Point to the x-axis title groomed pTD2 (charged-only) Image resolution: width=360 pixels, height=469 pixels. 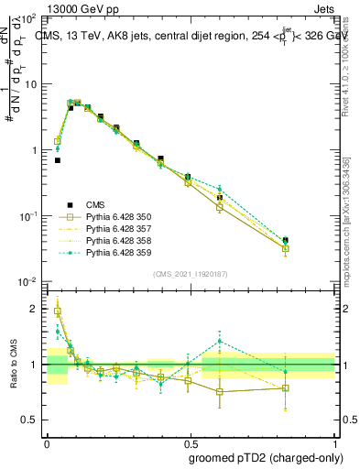tap(267, 458)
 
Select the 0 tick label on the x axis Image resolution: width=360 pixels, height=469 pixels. tap(47, 441)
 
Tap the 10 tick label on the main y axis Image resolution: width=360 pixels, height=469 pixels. tap(29, 84)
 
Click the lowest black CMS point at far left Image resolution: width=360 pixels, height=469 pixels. tap(57, 160)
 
